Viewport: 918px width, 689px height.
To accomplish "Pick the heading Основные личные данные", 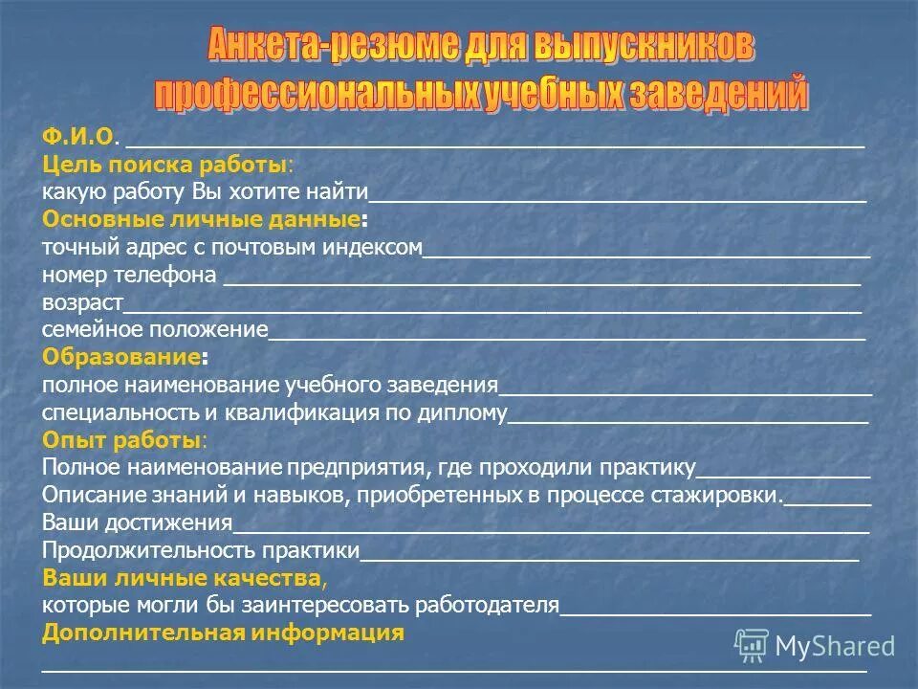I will [202, 219].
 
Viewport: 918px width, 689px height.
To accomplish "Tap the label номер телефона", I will [129, 276].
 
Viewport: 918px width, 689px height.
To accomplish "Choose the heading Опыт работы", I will [121, 441].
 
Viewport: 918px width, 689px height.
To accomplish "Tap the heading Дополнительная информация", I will [223, 633].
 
